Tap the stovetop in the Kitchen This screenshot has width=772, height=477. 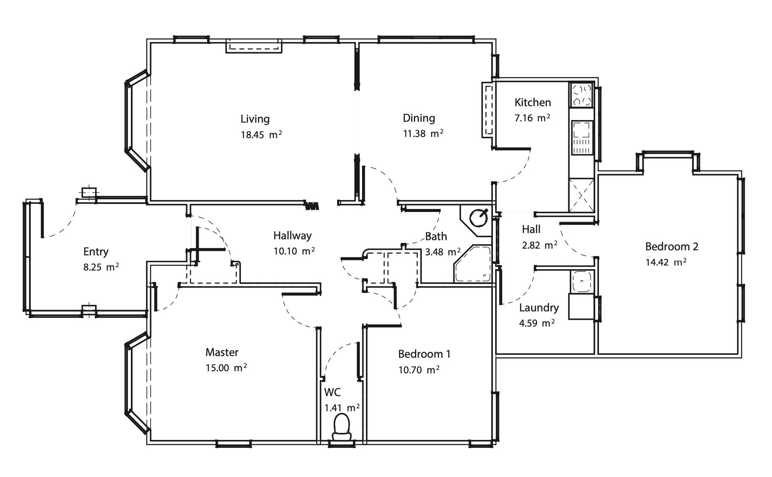(581, 94)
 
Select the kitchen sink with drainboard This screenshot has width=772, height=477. (582, 138)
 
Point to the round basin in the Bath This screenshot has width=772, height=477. (479, 218)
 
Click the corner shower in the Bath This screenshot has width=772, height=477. (473, 265)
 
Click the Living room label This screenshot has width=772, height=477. (255, 119)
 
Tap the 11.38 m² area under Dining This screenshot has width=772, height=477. (423, 134)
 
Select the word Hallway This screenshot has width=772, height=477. (293, 236)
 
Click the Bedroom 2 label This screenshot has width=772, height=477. (672, 247)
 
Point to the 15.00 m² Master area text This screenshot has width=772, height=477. (226, 367)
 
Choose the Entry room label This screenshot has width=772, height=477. (96, 252)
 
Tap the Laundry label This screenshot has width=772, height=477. (539, 308)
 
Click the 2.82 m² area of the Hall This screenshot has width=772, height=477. (540, 245)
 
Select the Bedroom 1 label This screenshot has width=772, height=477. (424, 354)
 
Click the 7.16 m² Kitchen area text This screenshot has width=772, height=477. (532, 118)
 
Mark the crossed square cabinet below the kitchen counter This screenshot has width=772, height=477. (581, 195)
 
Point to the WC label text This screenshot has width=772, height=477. (332, 392)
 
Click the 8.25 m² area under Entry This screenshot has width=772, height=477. (101, 267)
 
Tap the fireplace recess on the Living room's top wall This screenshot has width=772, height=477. (254, 46)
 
